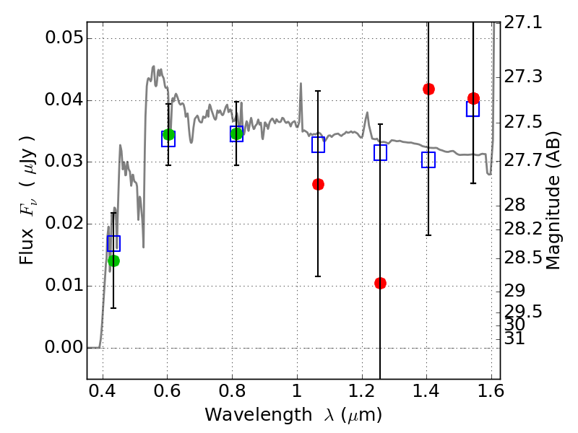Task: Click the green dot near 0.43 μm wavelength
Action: [114, 261]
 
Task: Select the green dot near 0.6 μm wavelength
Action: [168, 134]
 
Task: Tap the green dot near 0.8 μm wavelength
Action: [237, 134]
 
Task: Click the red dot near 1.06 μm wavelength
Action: [318, 185]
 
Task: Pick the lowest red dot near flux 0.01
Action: [381, 283]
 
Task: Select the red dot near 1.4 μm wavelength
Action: [428, 89]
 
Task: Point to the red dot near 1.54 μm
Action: [473, 98]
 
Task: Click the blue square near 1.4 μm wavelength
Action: [428, 159]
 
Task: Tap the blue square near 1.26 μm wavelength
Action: [381, 152]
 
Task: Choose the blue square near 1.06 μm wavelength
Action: [318, 145]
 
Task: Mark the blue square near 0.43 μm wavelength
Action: [113, 243]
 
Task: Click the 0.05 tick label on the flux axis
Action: [64, 38]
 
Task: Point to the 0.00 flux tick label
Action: [64, 347]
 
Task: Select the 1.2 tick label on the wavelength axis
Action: [361, 391]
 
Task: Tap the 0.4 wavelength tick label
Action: [102, 391]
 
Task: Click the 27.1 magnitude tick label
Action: [523, 23]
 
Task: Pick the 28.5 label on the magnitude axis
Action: [523, 258]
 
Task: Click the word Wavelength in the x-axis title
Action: [259, 415]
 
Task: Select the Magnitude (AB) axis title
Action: [552, 201]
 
